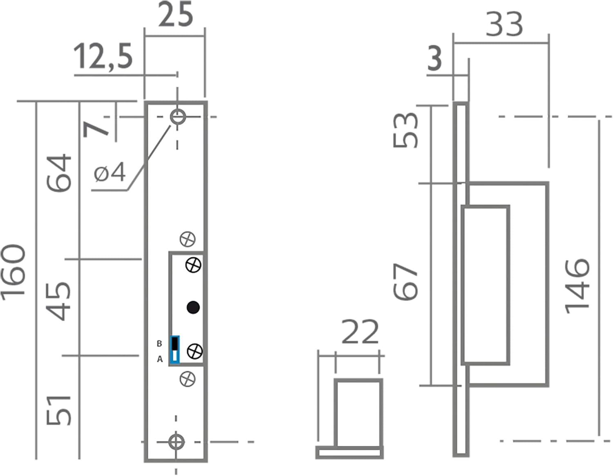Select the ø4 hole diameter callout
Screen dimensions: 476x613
click(x=110, y=172)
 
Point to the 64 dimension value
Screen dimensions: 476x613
click(x=59, y=172)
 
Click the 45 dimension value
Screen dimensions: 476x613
click(x=58, y=301)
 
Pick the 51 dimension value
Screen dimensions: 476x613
click(x=58, y=410)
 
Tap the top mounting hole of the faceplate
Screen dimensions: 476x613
click(x=178, y=117)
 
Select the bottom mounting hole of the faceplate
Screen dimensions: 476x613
click(x=176, y=442)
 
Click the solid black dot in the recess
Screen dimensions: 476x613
click(x=193, y=307)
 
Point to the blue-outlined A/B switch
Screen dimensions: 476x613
click(x=175, y=350)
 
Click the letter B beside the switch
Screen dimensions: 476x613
click(x=159, y=344)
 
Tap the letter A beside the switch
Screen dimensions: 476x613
click(x=160, y=360)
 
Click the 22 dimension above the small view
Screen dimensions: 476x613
click(x=360, y=332)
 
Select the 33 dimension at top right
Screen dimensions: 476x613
click(x=504, y=25)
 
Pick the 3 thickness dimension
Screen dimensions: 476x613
click(x=434, y=58)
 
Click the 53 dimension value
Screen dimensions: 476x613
click(x=405, y=130)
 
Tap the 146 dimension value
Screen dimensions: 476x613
click(x=577, y=286)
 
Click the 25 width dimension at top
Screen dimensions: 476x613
click(x=175, y=15)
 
